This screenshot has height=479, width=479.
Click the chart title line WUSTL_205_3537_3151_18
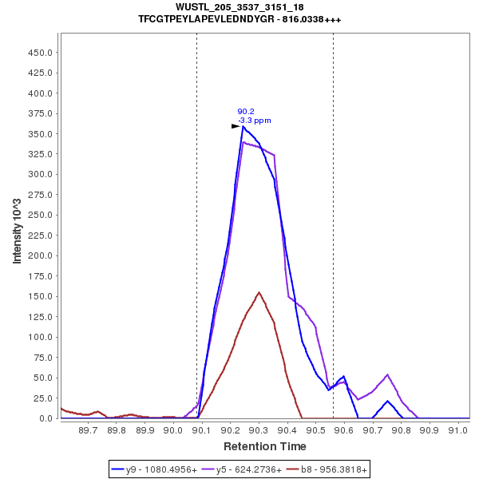(x=239, y=6)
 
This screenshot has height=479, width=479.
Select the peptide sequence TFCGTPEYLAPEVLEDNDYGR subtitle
(x=239, y=18)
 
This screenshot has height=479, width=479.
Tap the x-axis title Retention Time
(x=264, y=445)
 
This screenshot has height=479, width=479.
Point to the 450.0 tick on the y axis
(x=41, y=53)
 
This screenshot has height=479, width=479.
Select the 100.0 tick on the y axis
(x=41, y=337)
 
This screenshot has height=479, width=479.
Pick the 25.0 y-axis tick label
(x=43, y=398)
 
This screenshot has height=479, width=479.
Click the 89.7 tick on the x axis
(x=89, y=430)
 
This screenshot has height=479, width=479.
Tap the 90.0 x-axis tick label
(x=173, y=430)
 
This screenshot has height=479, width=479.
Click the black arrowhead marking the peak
(x=236, y=126)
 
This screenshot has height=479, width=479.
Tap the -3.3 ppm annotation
(x=255, y=121)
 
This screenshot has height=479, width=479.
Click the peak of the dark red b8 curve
(x=259, y=292)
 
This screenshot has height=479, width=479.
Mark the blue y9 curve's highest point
(x=243, y=126)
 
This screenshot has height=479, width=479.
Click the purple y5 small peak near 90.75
(x=387, y=374)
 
